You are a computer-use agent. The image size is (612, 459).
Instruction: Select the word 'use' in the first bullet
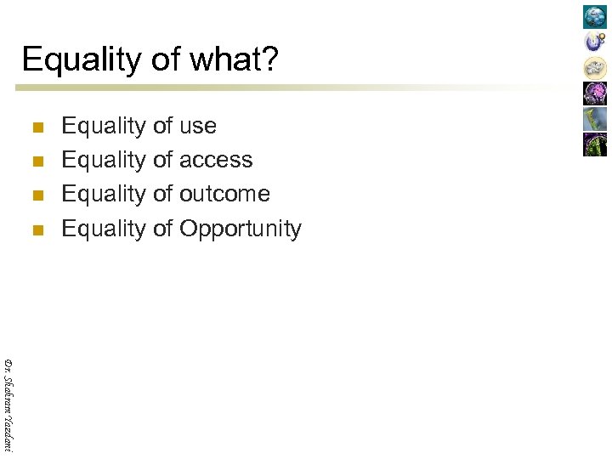[x=197, y=126]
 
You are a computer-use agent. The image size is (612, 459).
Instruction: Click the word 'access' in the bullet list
[x=215, y=160]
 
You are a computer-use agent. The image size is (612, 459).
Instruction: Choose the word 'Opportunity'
[x=240, y=229]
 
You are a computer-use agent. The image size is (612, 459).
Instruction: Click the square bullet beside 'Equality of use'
[x=36, y=128]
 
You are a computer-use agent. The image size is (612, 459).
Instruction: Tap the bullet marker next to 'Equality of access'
[x=36, y=162]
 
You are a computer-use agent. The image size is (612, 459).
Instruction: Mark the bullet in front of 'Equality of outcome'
[x=36, y=196]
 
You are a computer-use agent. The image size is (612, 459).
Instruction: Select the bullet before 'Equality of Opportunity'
[x=36, y=230]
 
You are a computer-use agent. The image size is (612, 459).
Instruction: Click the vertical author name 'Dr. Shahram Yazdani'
[x=8, y=404]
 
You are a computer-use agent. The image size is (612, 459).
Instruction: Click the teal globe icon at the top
[x=595, y=17]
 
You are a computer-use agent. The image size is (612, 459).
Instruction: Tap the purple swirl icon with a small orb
[x=595, y=42]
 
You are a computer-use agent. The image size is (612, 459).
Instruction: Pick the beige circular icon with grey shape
[x=595, y=67]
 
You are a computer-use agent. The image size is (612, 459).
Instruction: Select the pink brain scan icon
[x=595, y=93]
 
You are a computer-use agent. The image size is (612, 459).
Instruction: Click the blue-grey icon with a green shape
[x=595, y=119]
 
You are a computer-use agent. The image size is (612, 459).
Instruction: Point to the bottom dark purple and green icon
[x=595, y=144]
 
